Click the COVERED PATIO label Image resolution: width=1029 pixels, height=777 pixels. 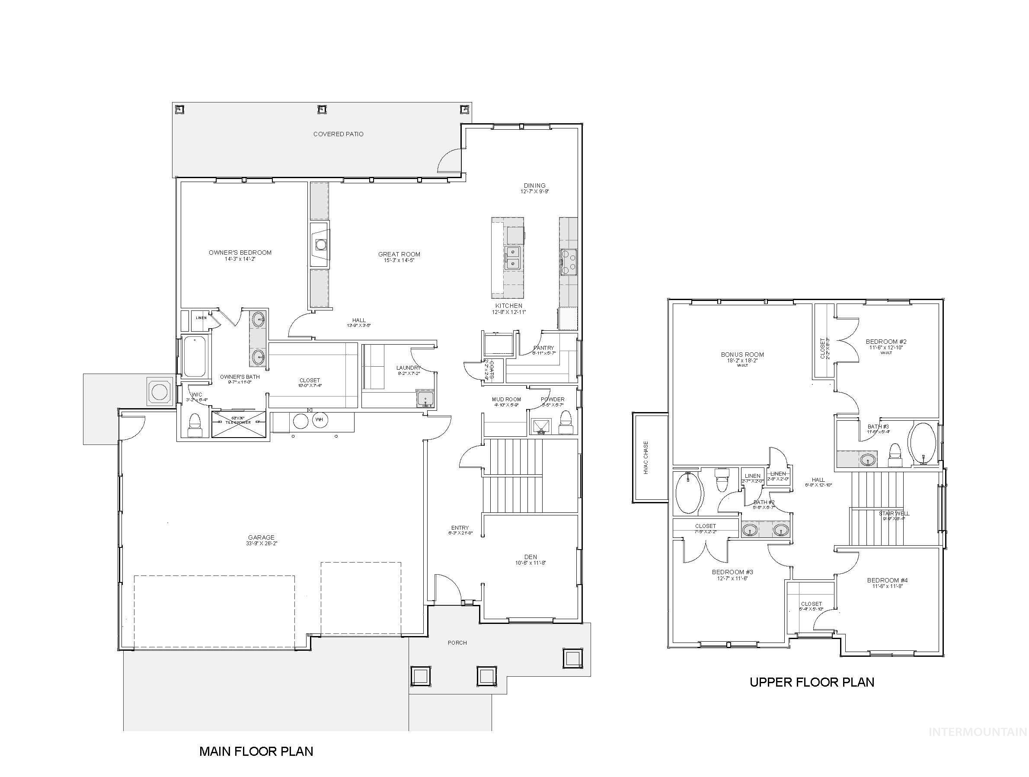pos(338,134)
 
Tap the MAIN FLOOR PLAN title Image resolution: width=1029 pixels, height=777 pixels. pos(256,751)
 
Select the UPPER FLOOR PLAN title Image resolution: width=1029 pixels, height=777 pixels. pos(812,682)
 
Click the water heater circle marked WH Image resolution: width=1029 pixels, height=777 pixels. pos(319,420)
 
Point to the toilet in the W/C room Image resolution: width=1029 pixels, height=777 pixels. pos(195,424)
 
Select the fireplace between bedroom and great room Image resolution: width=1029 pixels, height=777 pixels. pos(320,245)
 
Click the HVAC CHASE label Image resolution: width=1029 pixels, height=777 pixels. pos(646,457)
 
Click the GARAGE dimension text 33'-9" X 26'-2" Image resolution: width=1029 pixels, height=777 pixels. pos(262,544)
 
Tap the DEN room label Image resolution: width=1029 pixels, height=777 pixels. pos(530,556)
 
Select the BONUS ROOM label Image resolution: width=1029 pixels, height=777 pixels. pos(742,355)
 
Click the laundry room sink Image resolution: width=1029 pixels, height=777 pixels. pos(425,399)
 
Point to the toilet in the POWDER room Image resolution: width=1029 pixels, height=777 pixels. pos(566,421)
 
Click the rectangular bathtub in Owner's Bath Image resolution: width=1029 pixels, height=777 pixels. pos(194,357)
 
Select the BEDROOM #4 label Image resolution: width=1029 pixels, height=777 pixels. pos(887,580)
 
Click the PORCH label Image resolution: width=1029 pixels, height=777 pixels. pos(457,643)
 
